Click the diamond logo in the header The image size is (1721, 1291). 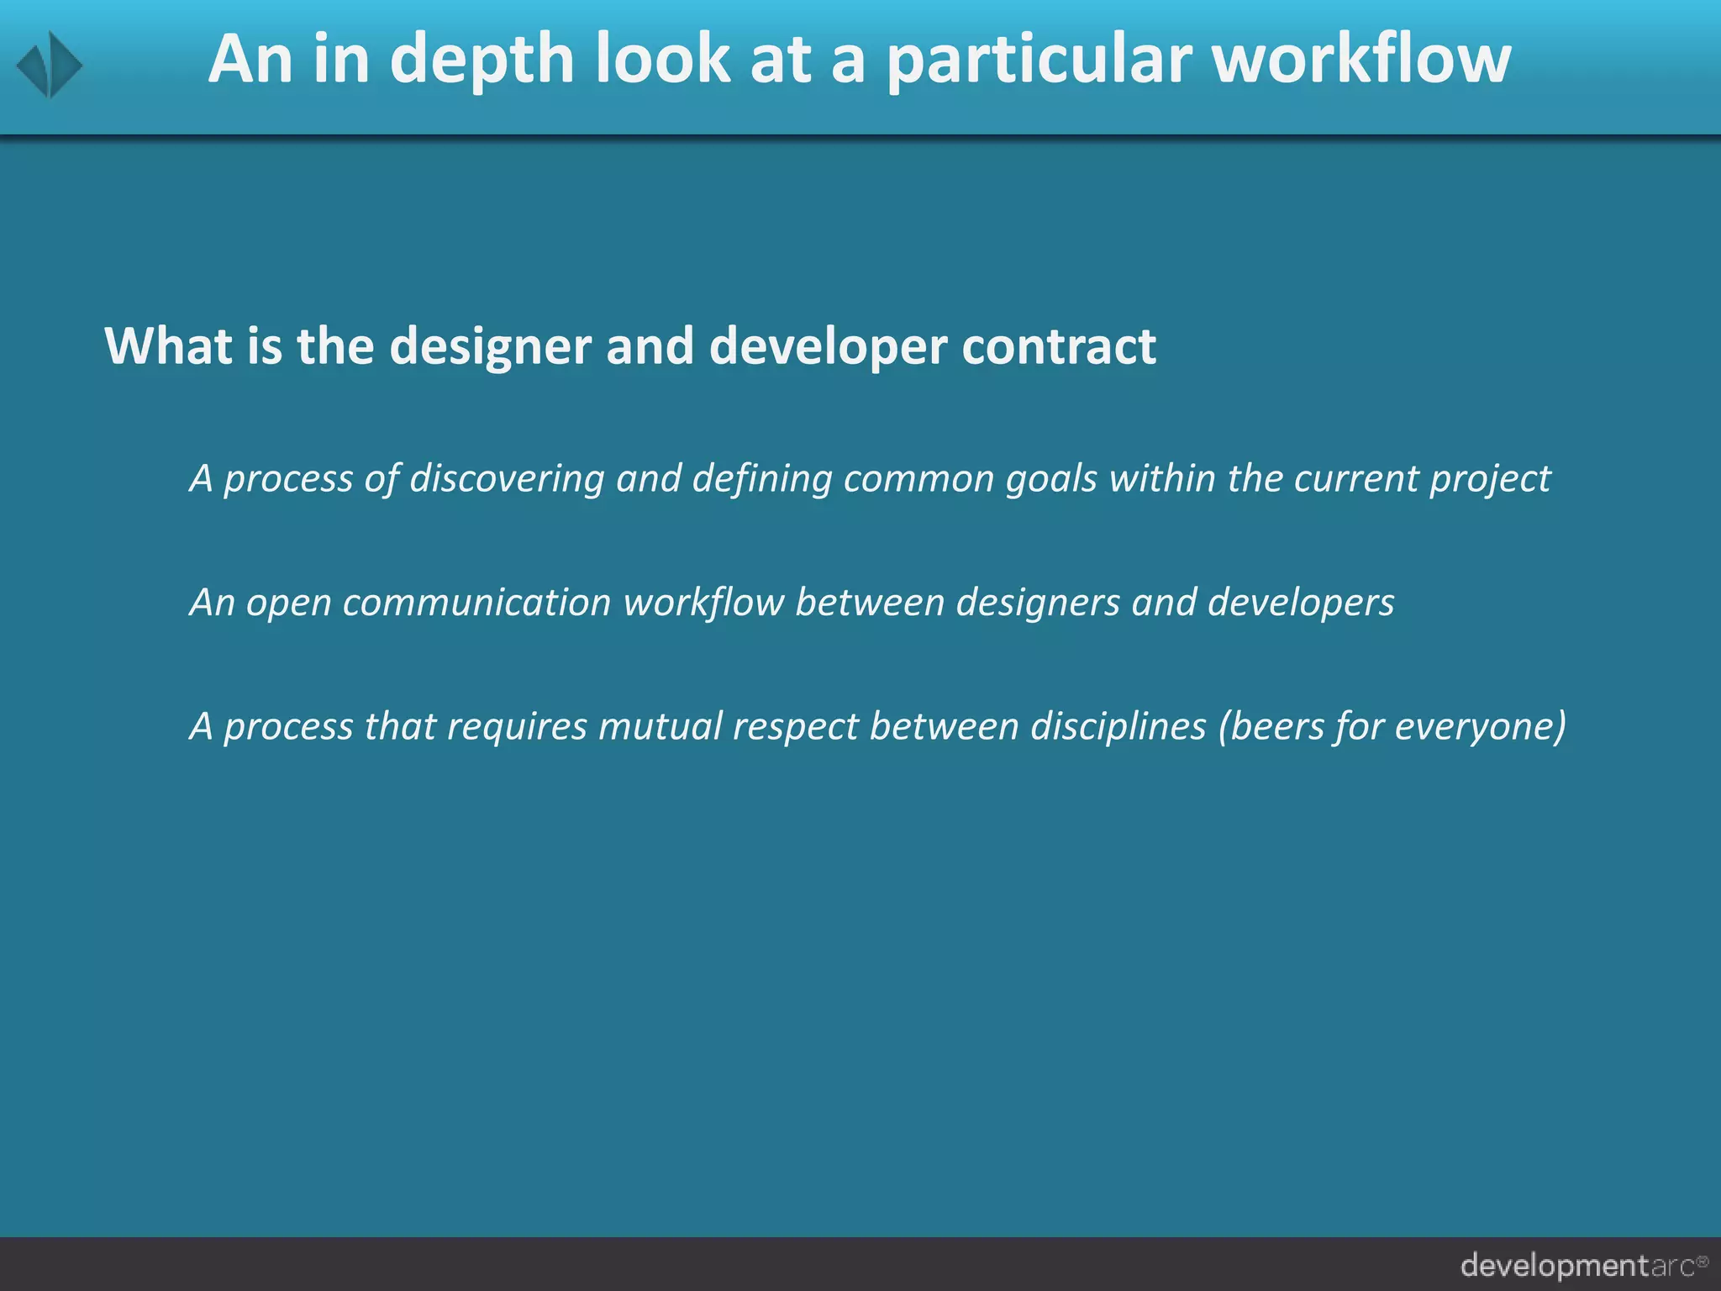pos(50,65)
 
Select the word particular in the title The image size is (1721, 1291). pos(1039,61)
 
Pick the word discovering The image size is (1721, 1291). pos(507,479)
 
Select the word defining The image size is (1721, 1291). pos(762,479)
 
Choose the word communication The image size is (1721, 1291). pos(476,603)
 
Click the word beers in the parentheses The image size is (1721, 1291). pos(1276,726)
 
